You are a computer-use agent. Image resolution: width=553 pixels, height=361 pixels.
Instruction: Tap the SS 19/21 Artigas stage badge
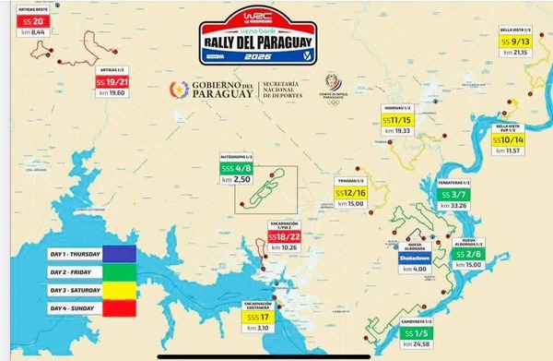point(115,81)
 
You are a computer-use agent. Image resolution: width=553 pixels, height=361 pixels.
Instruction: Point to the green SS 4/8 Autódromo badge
point(237,169)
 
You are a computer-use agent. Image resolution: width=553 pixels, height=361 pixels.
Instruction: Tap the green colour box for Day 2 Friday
point(119,271)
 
